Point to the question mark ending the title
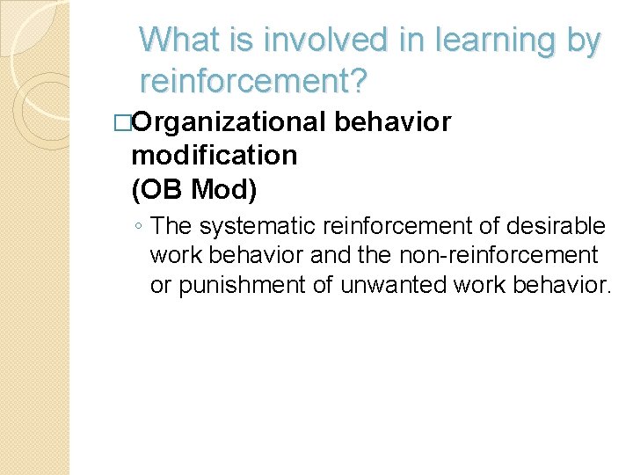360,82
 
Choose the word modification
214,156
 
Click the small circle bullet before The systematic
140,227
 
